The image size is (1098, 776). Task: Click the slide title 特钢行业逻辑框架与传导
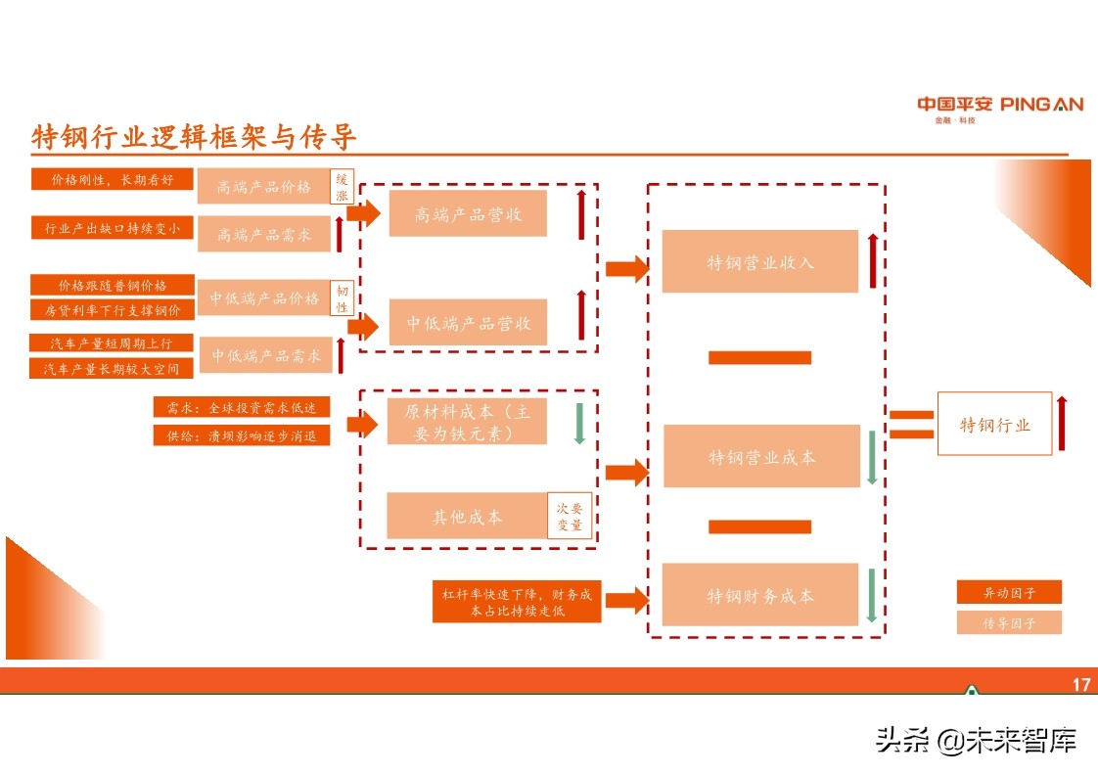(x=195, y=137)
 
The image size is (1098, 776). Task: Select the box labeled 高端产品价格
(x=263, y=186)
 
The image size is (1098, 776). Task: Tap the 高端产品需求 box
(x=263, y=235)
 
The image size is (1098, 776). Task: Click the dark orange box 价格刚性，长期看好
(x=113, y=180)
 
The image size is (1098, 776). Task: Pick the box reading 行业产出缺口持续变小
(x=113, y=228)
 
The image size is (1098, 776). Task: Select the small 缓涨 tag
(x=342, y=187)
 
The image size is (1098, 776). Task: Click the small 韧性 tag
(x=342, y=298)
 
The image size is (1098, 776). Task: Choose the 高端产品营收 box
(x=468, y=214)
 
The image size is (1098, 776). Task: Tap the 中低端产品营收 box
(x=468, y=322)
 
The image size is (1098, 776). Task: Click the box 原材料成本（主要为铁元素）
(x=467, y=423)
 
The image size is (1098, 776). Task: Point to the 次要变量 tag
(x=570, y=516)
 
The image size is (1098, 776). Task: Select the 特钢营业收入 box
(x=760, y=262)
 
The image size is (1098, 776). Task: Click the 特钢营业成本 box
(x=760, y=457)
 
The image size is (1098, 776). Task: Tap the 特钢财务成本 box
(x=760, y=595)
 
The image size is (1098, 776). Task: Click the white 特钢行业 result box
(x=994, y=424)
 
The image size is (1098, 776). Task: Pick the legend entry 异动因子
(x=1009, y=592)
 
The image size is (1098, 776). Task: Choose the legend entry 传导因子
(x=1009, y=622)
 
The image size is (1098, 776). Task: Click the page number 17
(x=1080, y=685)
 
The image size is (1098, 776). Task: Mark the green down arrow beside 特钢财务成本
(x=872, y=595)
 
